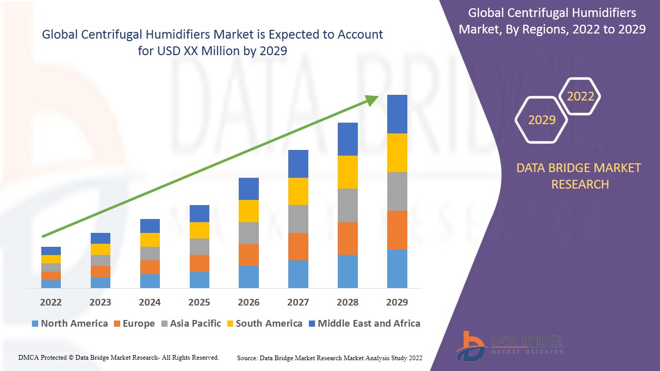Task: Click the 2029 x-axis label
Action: coord(397,302)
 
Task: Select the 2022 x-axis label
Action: coord(51,302)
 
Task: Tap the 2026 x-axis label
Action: coord(249,302)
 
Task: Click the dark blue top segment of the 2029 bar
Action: coord(397,114)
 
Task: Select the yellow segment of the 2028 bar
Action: coord(348,172)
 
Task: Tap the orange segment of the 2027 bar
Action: coord(298,246)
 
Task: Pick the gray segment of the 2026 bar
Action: coord(249,233)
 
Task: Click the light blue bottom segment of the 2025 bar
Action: coord(199,279)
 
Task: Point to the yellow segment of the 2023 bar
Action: coord(101,249)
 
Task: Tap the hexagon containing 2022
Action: coord(581,96)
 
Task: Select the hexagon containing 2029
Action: coord(541,120)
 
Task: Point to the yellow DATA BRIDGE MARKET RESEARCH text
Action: coord(580,176)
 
